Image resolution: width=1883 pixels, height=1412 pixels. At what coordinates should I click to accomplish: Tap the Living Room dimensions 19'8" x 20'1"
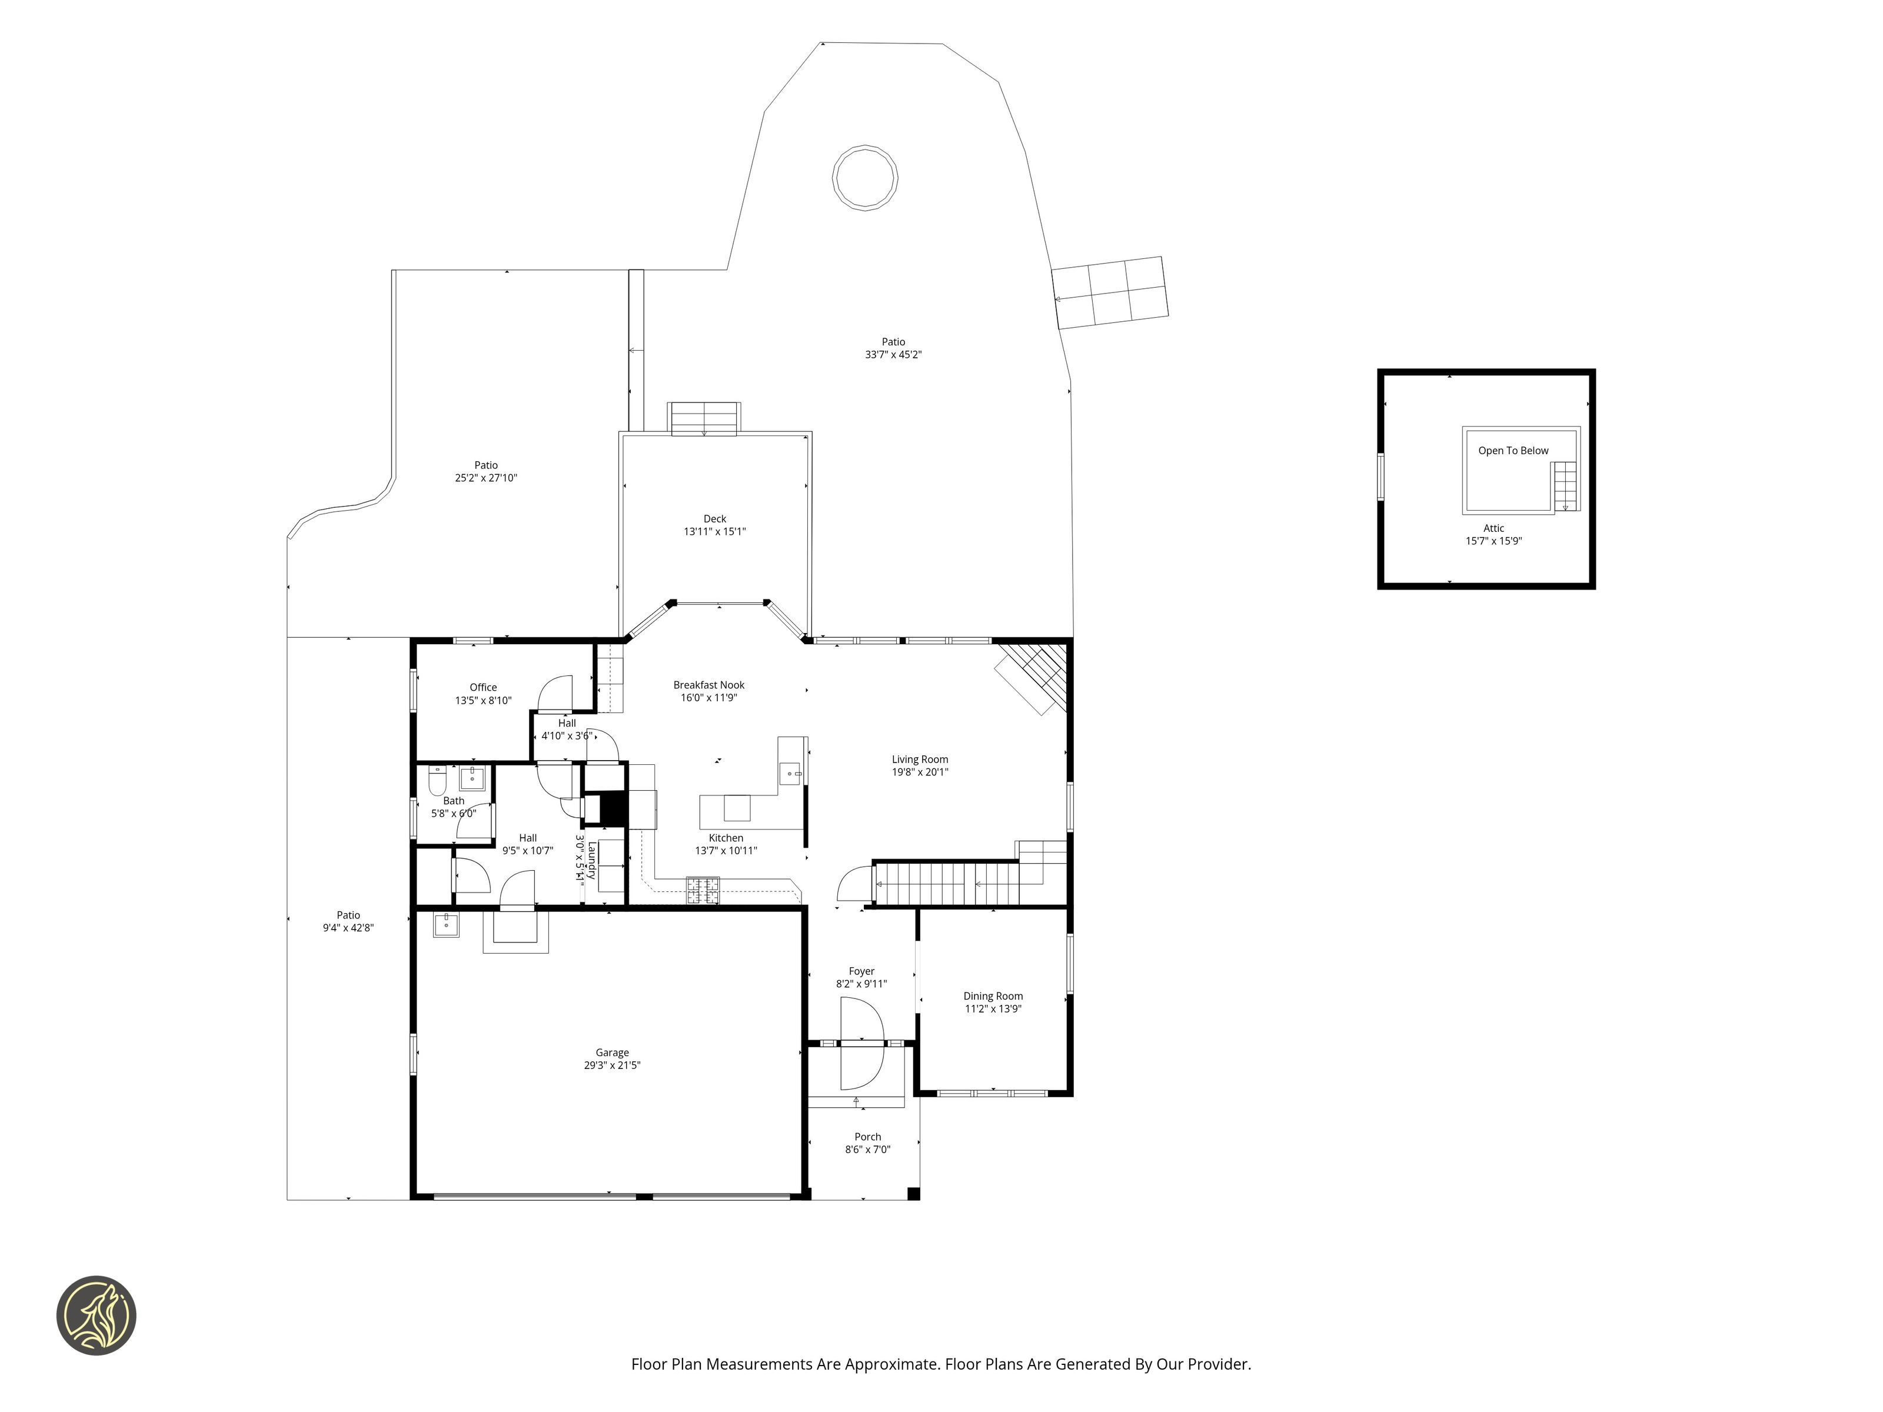pyautogui.click(x=920, y=772)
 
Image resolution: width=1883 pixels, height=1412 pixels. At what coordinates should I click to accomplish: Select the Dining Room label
pyautogui.click(x=993, y=996)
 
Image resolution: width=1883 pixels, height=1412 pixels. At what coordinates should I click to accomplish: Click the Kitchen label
pyautogui.click(x=726, y=838)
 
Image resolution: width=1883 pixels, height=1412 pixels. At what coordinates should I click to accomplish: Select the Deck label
pyautogui.click(x=715, y=519)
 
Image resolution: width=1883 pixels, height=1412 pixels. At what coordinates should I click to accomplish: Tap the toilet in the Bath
pyautogui.click(x=437, y=780)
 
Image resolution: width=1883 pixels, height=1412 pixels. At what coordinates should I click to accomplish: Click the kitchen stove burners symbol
pyautogui.click(x=703, y=890)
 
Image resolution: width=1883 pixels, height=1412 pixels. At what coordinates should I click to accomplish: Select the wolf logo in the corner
pyautogui.click(x=96, y=1315)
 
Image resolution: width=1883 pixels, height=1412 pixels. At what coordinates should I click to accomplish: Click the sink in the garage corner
pyautogui.click(x=446, y=924)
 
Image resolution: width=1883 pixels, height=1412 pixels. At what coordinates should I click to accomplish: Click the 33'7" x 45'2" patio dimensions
pyautogui.click(x=894, y=355)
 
